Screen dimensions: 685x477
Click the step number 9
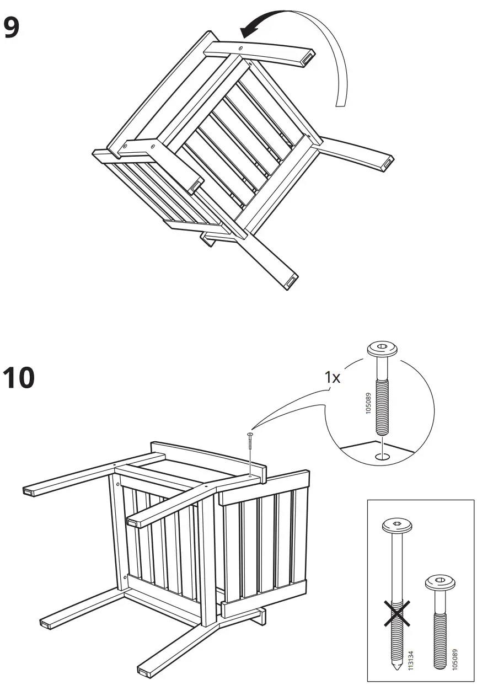point(12,28)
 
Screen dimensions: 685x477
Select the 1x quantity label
point(333,377)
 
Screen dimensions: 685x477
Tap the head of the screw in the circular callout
point(382,349)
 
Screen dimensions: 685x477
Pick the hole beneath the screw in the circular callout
point(382,457)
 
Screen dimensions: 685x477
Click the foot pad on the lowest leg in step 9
point(290,281)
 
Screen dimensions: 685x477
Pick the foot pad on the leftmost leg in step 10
point(29,490)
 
